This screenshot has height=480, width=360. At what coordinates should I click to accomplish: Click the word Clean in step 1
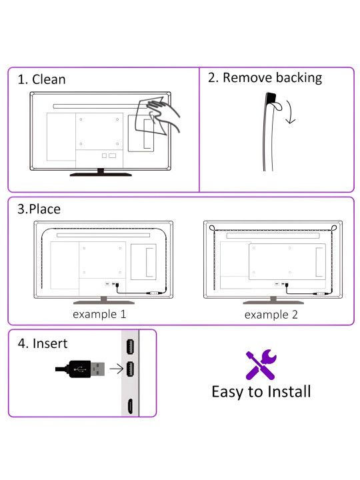pos(49,79)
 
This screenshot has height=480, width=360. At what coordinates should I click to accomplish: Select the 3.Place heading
pos(39,209)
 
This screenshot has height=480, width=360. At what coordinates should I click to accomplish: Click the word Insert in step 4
pos(50,343)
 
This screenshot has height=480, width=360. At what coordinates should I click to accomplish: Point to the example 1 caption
pos(99,315)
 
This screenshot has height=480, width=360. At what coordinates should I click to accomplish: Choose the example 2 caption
pos(271,315)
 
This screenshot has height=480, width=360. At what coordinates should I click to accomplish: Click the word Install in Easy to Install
pos(289,391)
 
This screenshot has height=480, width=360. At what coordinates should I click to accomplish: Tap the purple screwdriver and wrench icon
pos(261,364)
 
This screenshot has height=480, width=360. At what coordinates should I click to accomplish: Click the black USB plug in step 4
pos(80,369)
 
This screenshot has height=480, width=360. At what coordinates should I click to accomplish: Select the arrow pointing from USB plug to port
pos(116,369)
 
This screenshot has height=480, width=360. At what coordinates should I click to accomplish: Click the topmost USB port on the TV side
pos(130,347)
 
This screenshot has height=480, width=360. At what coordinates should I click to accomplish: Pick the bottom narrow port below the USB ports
pos(130,407)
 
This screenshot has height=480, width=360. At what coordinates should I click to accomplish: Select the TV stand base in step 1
pos(101,174)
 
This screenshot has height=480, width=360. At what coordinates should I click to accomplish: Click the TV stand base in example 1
pos(104,302)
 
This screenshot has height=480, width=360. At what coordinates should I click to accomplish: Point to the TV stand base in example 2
pos(273,302)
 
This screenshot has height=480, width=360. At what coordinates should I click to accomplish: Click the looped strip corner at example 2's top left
pos(212,228)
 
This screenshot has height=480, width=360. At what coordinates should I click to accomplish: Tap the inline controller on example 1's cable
pos(154,293)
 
